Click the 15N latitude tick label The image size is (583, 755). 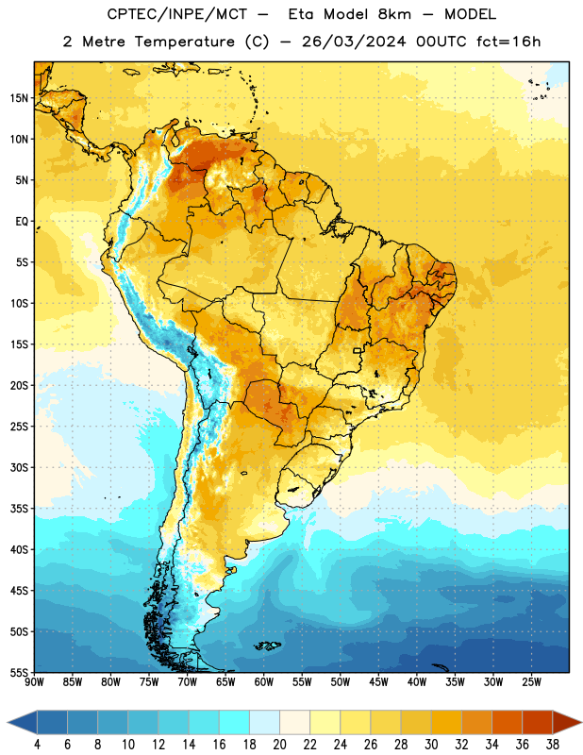(x=19, y=98)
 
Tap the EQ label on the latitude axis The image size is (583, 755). (x=22, y=222)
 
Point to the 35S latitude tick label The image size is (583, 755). (x=19, y=509)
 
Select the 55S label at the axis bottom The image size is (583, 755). (x=19, y=673)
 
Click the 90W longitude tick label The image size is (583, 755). (x=34, y=682)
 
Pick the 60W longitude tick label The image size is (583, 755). (x=264, y=682)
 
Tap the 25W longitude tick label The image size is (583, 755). (x=531, y=682)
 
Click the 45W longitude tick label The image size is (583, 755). (x=379, y=682)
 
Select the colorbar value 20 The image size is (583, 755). (x=279, y=745)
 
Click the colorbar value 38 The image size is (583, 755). (x=553, y=745)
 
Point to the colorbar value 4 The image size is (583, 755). (x=37, y=745)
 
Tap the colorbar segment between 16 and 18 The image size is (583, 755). (x=235, y=722)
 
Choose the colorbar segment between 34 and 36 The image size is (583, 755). (x=508, y=722)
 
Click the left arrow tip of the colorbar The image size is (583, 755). (x=8, y=722)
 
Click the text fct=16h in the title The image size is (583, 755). (x=508, y=42)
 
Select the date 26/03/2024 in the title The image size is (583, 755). (x=354, y=42)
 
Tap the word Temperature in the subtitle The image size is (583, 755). (x=184, y=42)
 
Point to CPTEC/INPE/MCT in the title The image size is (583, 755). (x=176, y=14)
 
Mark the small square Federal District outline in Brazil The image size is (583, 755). (x=358, y=350)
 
